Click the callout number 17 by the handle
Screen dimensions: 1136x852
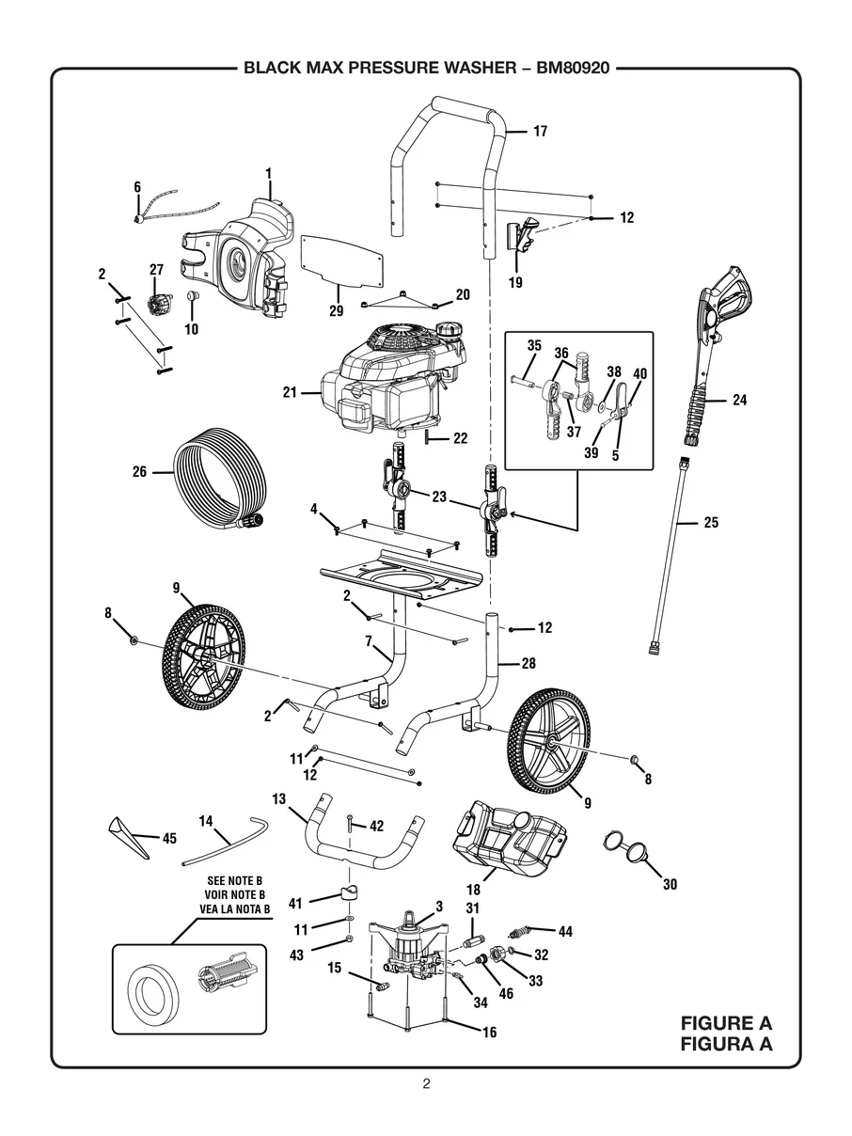[x=540, y=132]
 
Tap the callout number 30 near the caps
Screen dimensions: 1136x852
[x=669, y=885]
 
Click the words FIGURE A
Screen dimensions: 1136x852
[x=727, y=1023]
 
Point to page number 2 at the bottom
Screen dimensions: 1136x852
[x=426, y=1083]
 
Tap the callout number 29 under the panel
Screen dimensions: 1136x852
[x=337, y=310]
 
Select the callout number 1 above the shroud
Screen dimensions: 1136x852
[x=268, y=173]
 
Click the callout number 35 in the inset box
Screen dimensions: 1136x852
[x=533, y=345]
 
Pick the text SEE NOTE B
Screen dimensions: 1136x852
[x=234, y=880]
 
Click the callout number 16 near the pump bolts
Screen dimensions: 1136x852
[x=488, y=1032]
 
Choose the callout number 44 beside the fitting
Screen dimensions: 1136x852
[x=565, y=932]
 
